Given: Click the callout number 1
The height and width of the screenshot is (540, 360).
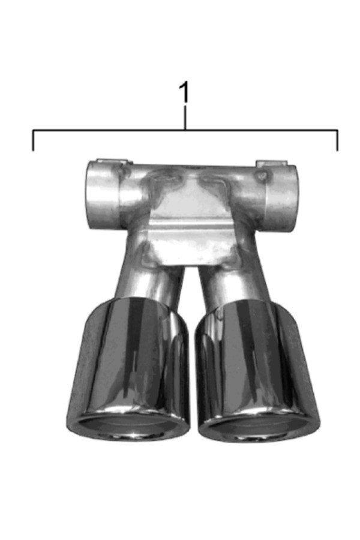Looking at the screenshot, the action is (185, 92).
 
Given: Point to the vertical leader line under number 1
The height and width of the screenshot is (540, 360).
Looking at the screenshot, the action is (185, 118).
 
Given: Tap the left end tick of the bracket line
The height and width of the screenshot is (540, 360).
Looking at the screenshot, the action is (33, 140).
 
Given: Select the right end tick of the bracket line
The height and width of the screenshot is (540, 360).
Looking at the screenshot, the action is (337, 140).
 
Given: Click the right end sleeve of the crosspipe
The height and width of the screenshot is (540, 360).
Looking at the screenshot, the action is (281, 199).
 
